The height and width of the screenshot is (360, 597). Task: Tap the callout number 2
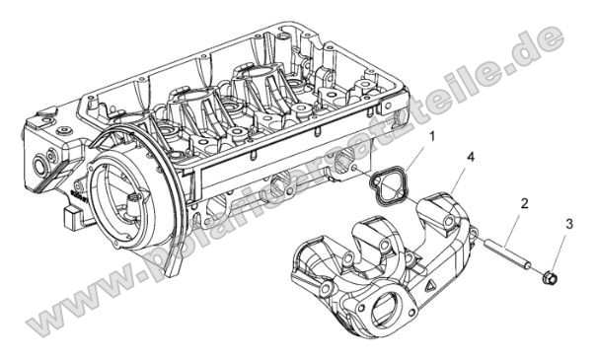(x=524, y=204)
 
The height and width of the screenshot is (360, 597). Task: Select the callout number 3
(x=567, y=225)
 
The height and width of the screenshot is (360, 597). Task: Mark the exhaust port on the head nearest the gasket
(x=344, y=163)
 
